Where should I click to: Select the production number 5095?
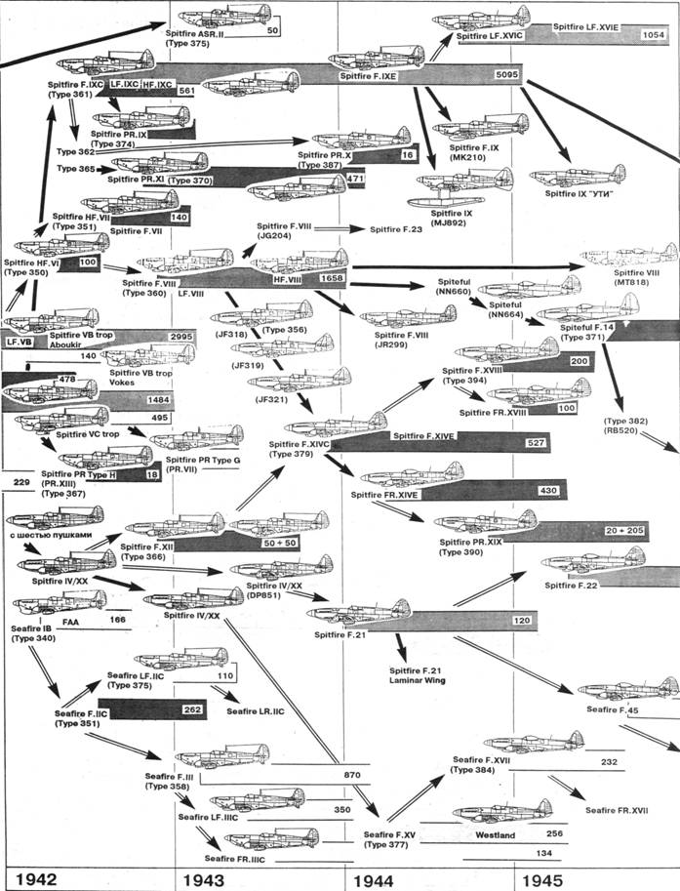click(506, 74)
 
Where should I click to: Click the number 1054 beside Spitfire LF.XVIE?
click(655, 34)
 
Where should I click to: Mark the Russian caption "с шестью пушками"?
click(50, 536)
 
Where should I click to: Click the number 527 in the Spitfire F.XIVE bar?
click(534, 444)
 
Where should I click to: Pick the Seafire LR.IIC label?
click(255, 711)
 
